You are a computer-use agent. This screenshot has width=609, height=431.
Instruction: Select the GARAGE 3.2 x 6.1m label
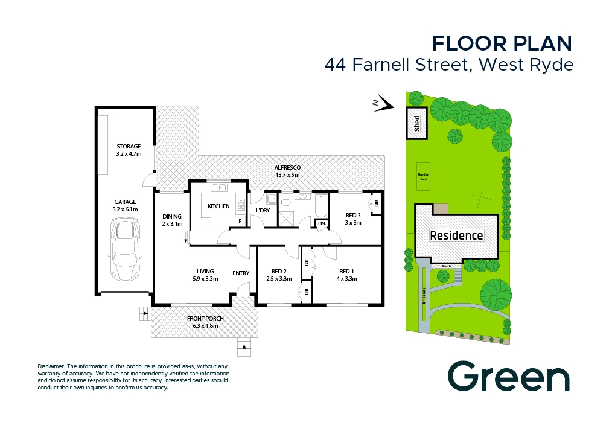point(125,206)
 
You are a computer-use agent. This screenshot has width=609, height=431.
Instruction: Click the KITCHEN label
point(218,206)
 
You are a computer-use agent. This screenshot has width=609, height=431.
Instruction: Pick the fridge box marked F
point(240,221)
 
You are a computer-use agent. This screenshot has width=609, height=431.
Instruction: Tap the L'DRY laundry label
point(263,210)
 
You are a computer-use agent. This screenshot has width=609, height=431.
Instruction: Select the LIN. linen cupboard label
point(322,224)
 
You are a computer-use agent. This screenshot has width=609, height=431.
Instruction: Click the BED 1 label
point(348,275)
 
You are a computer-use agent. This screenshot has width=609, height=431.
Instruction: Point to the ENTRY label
point(241,273)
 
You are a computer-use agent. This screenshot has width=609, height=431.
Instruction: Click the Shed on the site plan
point(416,124)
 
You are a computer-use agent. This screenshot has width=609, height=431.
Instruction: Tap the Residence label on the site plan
point(456,235)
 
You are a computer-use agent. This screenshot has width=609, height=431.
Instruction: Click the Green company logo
point(508,376)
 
